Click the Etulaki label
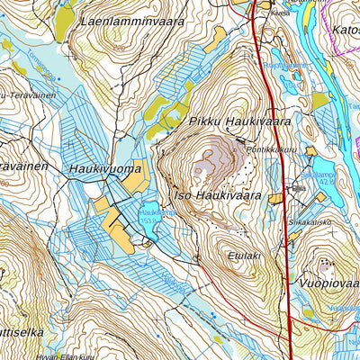coord(244,255)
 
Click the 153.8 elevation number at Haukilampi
coord(150,219)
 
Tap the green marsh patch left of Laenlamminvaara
coord(64,22)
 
